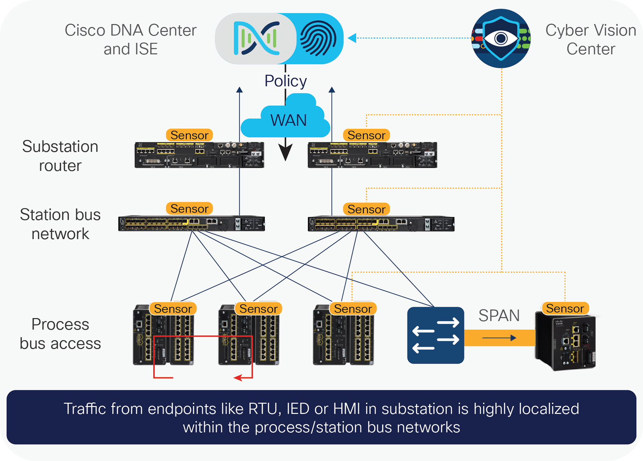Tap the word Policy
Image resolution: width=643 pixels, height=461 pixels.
(285, 81)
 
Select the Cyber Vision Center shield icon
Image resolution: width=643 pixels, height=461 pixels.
(501, 38)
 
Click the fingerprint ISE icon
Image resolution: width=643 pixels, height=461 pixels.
(318, 38)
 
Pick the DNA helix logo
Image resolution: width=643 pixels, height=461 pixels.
(256, 38)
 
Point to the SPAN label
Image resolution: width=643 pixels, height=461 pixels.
(499, 315)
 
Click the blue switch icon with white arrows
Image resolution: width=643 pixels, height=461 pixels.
(436, 335)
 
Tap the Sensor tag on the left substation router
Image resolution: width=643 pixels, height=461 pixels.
(189, 135)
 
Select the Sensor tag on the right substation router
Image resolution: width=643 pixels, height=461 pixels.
(366, 135)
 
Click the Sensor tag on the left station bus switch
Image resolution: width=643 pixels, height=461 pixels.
(189, 209)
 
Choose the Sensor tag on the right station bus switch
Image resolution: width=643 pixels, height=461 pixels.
(366, 209)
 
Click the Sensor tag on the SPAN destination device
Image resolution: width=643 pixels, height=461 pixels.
(565, 308)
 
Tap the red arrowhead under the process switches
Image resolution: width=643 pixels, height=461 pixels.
(238, 378)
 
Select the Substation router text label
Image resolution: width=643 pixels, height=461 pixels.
(60, 156)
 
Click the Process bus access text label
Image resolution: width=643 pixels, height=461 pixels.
(60, 334)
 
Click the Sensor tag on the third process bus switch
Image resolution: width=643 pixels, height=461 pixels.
(353, 309)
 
